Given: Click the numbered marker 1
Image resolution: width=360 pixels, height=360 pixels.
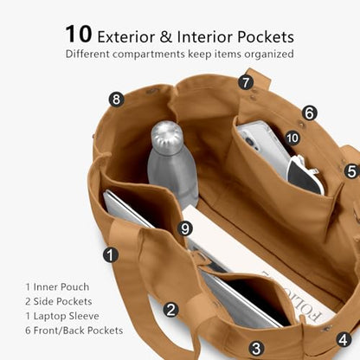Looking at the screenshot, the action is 111,254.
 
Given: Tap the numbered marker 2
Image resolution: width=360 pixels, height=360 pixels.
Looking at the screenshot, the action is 171,310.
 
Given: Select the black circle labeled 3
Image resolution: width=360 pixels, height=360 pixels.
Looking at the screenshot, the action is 256,348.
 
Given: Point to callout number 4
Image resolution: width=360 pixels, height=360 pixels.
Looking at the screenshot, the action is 344,340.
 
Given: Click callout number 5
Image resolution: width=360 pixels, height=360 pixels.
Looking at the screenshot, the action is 352,171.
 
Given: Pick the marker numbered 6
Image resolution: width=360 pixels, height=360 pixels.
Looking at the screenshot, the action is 310,112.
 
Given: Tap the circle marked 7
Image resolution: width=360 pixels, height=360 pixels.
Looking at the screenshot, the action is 246,82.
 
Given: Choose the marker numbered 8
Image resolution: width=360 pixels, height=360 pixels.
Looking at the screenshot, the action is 116,100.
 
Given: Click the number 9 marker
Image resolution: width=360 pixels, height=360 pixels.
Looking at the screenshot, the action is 184,228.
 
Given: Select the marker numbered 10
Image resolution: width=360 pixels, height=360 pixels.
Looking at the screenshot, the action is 292,138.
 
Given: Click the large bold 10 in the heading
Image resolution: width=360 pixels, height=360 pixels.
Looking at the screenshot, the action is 79,35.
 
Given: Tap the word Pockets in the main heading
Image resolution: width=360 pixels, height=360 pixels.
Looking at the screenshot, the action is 266,37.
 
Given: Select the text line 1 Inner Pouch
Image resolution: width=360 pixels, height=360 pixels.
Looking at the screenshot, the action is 57,287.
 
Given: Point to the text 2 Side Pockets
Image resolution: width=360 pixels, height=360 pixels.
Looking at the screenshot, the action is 59,301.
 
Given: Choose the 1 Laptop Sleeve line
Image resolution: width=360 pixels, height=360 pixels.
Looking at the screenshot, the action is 62,316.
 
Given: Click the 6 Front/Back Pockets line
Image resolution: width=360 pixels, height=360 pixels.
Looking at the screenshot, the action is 74,331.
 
